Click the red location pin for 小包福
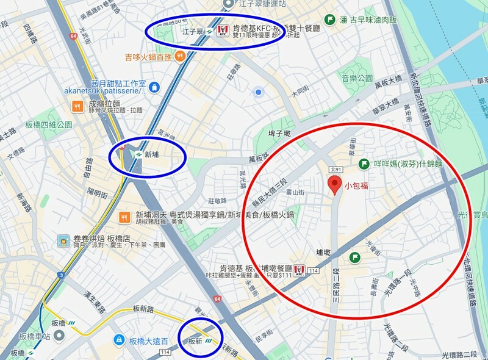click(x=334, y=184)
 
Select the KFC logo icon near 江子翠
click(x=222, y=29)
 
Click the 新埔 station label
click(x=152, y=155)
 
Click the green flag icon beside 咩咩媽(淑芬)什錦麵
click(x=364, y=164)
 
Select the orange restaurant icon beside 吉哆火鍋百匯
click(x=179, y=57)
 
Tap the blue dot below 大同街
click(x=259, y=92)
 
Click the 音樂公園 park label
click(x=357, y=79)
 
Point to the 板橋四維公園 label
click(x=49, y=124)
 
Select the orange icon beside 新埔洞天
click(x=125, y=216)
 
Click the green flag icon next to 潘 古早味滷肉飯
click(x=330, y=20)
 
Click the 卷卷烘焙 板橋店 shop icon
click(x=63, y=240)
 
